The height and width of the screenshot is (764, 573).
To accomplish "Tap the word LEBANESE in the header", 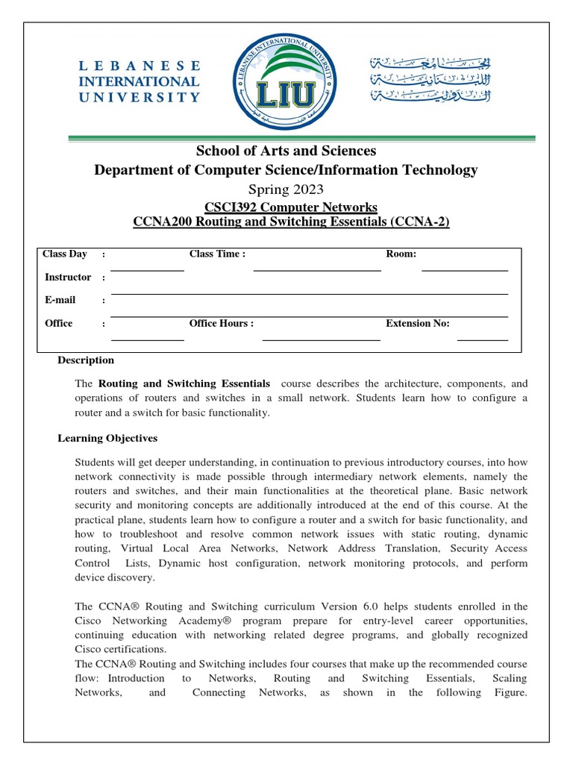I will point(140,66).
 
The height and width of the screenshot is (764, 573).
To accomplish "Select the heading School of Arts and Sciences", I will point(286,151).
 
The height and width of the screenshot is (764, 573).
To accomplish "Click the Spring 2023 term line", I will point(286,189).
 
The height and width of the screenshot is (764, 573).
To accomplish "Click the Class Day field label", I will point(65,254).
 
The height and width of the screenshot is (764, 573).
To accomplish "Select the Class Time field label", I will point(217,254).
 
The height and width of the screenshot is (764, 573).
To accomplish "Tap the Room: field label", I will point(401,254).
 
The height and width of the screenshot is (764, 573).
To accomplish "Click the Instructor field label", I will point(68,277).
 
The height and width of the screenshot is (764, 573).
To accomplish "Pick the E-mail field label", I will point(60,300).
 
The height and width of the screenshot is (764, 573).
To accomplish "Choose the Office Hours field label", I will point(222,323).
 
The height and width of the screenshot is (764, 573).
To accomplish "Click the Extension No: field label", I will point(418,323).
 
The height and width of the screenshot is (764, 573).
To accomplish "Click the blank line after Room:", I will point(464,269).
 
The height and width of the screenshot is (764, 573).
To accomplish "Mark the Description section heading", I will point(86,360).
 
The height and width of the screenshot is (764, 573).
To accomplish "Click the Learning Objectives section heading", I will point(107,438).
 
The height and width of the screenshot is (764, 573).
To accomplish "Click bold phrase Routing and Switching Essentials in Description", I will point(184,383).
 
